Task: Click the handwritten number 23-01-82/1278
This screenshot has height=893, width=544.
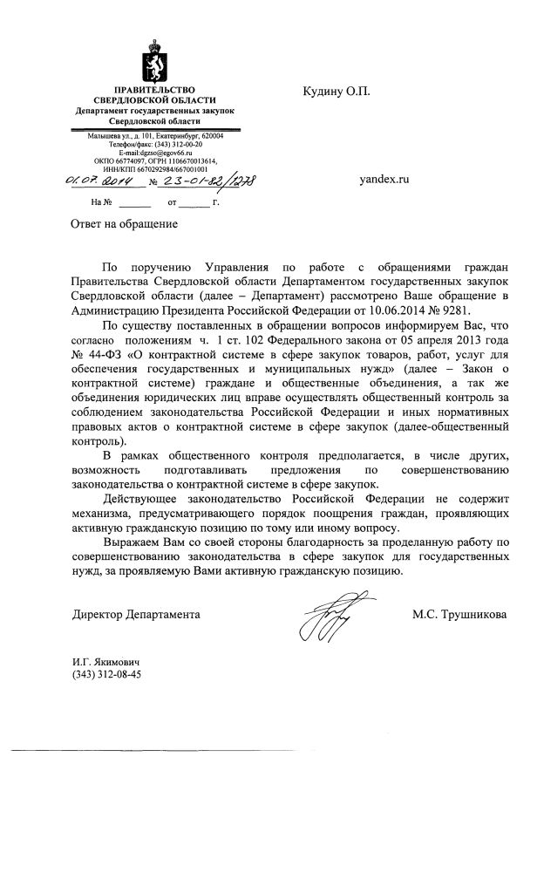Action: tap(209, 181)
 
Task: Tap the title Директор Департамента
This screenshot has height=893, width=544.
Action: tap(136, 615)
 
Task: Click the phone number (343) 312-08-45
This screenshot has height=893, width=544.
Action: tap(107, 674)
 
